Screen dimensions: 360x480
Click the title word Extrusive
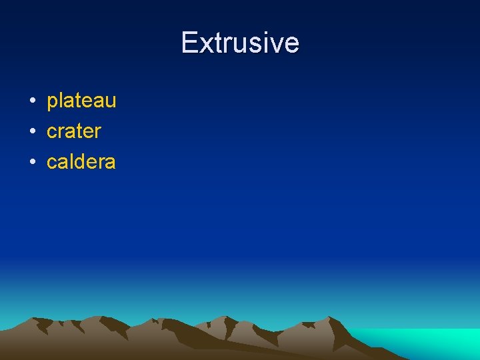[240, 43]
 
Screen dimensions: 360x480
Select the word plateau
[81, 101]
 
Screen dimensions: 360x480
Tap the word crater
[73, 131]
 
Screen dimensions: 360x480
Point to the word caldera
[81, 161]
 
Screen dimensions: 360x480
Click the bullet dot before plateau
[31, 101]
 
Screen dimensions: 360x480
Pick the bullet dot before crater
[31, 132]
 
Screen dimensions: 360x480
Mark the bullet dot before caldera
[31, 162]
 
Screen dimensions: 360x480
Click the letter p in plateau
[52, 103]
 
